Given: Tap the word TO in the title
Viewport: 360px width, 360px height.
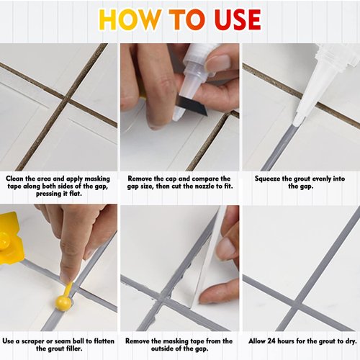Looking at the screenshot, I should click(181, 19).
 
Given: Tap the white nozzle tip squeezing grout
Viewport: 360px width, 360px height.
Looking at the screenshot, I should click(297, 120).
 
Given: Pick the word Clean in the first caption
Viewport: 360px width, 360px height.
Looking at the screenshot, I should click(17, 177).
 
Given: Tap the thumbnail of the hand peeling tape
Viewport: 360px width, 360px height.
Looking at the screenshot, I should click(226, 246).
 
